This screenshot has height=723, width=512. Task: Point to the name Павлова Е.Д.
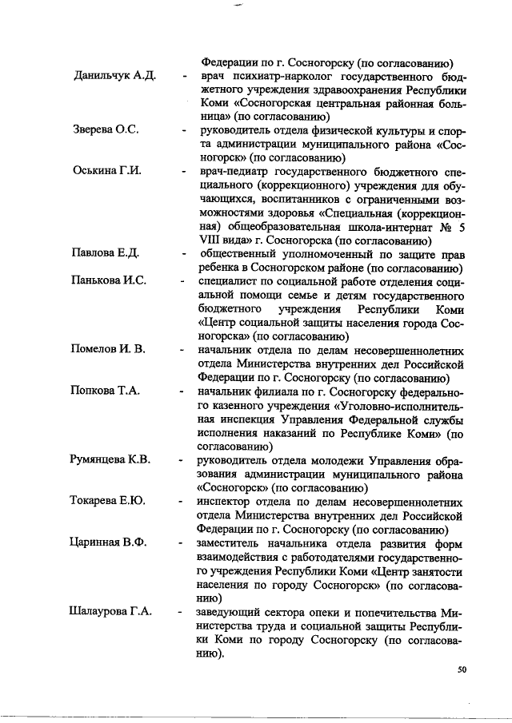(105, 254)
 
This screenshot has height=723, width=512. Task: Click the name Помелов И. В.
(107, 350)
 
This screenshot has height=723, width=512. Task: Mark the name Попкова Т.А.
(106, 391)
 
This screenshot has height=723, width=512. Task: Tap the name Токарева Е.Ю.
(108, 502)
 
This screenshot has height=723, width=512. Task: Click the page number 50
(462, 669)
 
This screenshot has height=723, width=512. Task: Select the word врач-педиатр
(237, 173)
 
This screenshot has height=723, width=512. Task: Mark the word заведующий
(236, 612)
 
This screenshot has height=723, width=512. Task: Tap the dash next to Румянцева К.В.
(183, 461)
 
